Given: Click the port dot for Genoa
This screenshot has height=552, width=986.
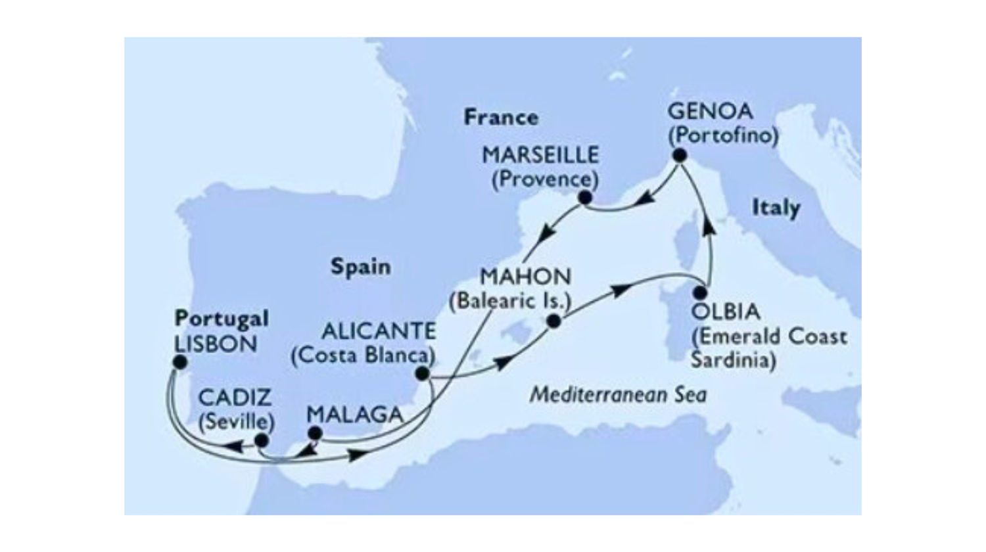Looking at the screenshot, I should (679, 156).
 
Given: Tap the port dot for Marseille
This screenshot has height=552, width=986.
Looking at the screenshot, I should (584, 197).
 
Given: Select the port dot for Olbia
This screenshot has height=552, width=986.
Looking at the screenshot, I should (701, 293).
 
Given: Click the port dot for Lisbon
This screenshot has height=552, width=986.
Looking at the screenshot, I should (179, 362).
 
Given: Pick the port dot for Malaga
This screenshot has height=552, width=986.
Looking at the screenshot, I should (315, 433).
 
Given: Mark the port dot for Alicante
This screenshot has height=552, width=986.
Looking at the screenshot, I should (422, 374).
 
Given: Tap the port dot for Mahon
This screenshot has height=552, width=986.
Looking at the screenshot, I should (553, 321).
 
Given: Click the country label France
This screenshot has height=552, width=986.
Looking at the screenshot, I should (501, 118).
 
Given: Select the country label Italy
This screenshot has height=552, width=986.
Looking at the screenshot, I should (776, 208).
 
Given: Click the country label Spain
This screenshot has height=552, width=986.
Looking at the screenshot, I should (360, 267).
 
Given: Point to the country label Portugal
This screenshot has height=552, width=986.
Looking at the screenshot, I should (222, 319).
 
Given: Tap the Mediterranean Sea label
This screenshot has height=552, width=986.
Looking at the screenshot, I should (618, 395).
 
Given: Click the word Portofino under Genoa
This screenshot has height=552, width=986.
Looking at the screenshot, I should (723, 135).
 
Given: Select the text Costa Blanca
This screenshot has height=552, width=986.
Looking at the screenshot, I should (363, 355).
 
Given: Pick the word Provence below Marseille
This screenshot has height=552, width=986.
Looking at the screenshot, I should (545, 179).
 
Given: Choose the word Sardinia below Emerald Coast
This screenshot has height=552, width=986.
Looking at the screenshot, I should (733, 360).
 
